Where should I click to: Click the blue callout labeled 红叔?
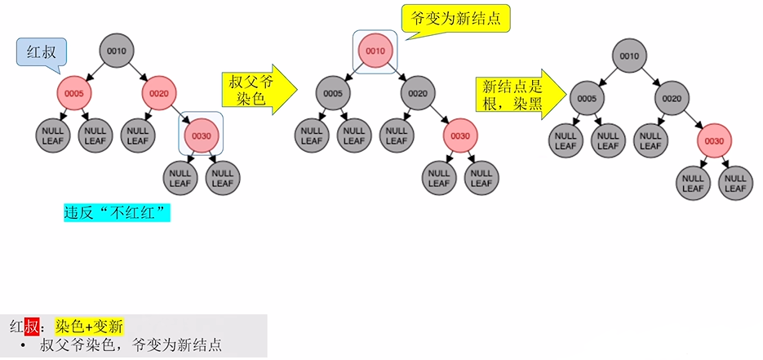(x=41, y=52)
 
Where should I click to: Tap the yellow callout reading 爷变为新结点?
(x=456, y=19)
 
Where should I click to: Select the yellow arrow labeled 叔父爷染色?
(x=259, y=89)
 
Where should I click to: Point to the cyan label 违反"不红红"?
(x=118, y=212)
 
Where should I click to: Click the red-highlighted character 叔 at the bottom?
(x=32, y=326)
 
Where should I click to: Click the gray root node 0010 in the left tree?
(x=117, y=51)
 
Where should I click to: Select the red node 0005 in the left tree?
(x=74, y=93)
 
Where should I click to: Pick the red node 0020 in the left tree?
(x=158, y=93)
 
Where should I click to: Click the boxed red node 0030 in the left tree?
(x=201, y=136)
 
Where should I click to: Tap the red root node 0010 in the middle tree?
(x=375, y=51)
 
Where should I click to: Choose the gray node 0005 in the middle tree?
(x=333, y=93)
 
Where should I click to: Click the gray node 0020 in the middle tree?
(x=418, y=93)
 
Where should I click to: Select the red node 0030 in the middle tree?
(x=460, y=136)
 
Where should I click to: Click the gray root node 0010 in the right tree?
(x=629, y=56)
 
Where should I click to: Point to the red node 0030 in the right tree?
(x=714, y=141)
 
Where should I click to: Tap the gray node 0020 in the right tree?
(x=672, y=98)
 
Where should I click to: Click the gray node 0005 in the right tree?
(x=587, y=98)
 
